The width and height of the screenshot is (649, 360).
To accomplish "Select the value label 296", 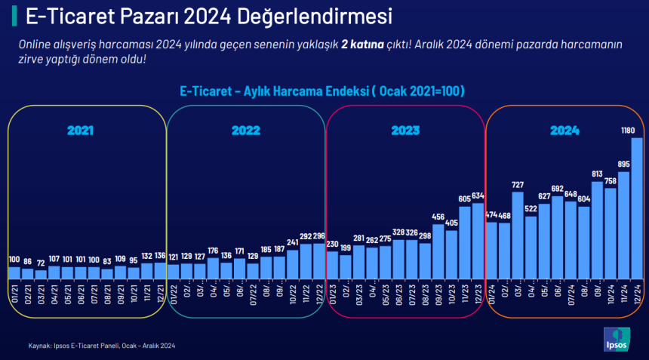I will pos(319,236).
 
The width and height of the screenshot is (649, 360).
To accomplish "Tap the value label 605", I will pos(465,199).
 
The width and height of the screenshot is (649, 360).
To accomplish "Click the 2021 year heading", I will pos(80,131).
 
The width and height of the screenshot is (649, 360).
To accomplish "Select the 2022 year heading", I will pos(245,131).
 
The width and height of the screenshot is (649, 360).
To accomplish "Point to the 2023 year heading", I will pos(405,131).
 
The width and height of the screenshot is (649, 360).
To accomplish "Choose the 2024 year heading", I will pos(564,131).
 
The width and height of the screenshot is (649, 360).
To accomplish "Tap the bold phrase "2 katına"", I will pos(368,45).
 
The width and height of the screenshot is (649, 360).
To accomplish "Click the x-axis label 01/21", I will pos(14,291).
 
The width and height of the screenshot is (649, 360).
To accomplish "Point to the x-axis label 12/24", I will pos(636,291).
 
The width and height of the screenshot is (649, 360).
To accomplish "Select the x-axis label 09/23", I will pos(438,291).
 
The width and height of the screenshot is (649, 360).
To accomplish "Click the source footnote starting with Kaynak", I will pos(102,346).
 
